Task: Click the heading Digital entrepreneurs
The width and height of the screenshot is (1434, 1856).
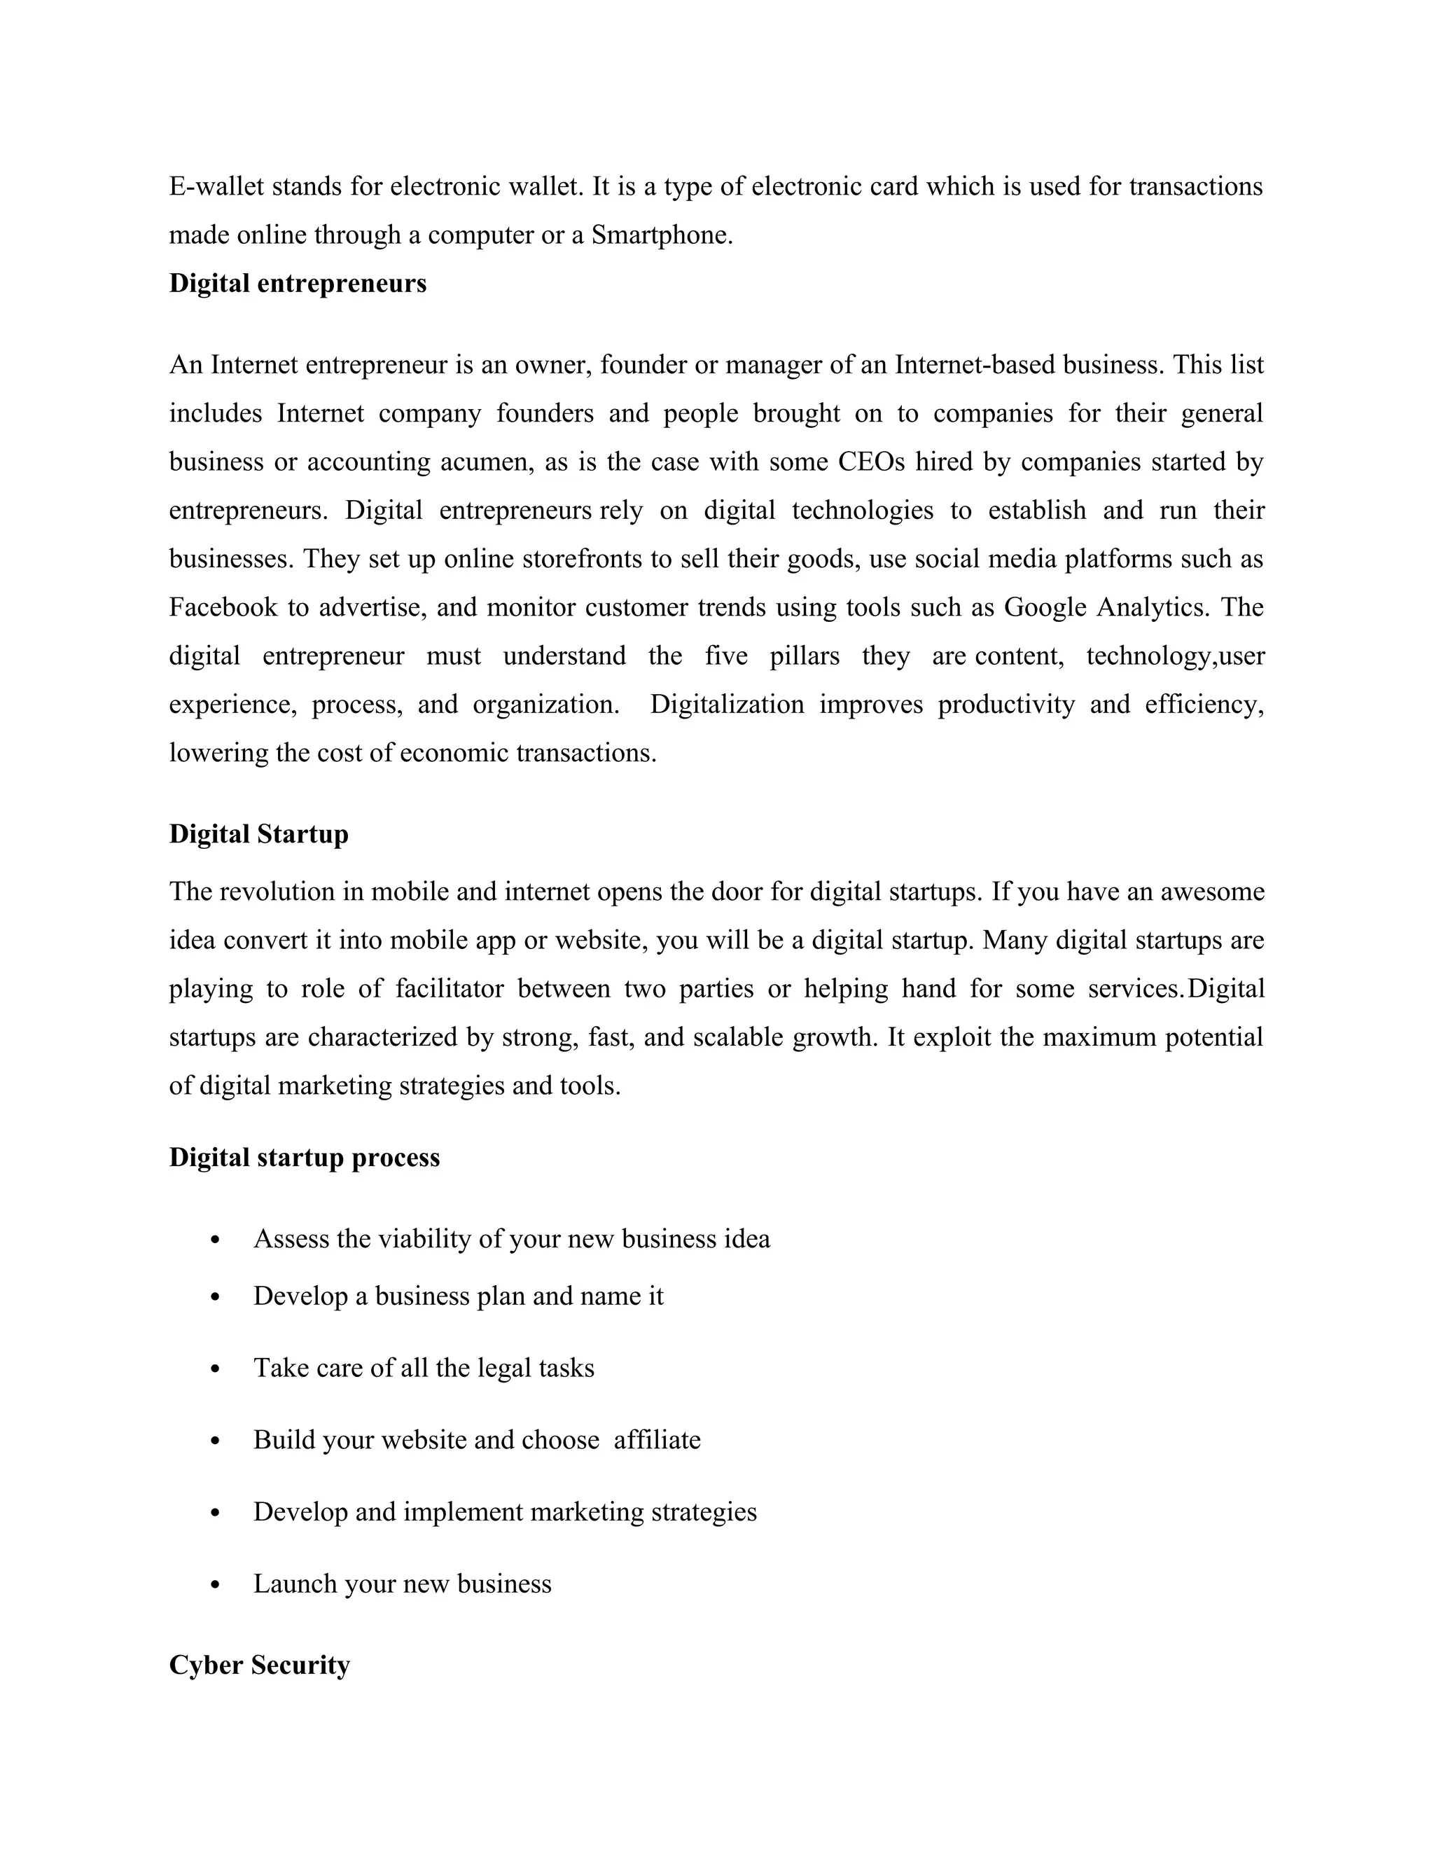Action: click(298, 283)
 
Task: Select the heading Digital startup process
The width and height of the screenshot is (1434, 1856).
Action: click(304, 1158)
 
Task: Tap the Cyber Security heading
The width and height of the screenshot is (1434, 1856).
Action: click(259, 1665)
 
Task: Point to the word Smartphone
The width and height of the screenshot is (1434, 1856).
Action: click(661, 235)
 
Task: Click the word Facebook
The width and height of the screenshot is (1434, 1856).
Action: click(223, 608)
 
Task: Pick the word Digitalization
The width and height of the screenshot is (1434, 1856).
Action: click(726, 705)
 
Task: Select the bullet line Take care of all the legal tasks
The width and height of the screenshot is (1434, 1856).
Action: click(423, 1369)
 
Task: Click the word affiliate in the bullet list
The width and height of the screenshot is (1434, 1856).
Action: click(657, 1441)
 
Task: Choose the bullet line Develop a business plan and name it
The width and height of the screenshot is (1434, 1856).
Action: click(458, 1296)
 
